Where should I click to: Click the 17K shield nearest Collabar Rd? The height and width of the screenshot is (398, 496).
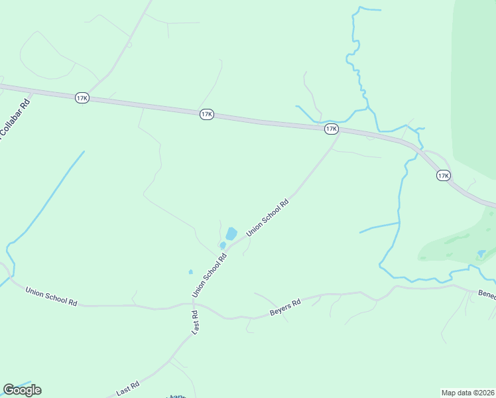pyautogui.click(x=82, y=98)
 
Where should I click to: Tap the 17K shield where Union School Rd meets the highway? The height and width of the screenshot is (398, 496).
pyautogui.click(x=332, y=129)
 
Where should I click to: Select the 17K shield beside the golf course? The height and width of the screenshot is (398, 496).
pyautogui.click(x=444, y=175)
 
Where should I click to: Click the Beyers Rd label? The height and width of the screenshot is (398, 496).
pyautogui.click(x=285, y=306)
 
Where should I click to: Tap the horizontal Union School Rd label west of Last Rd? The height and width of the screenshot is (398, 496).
pyautogui.click(x=51, y=296)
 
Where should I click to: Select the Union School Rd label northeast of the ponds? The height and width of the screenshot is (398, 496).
pyautogui.click(x=268, y=218)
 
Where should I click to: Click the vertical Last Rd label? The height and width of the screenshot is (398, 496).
pyautogui.click(x=195, y=322)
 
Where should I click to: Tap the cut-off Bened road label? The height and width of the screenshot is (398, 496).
pyautogui.click(x=487, y=295)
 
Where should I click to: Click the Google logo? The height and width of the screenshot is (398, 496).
pyautogui.click(x=22, y=390)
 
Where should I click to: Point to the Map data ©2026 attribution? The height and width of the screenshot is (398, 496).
pyautogui.click(x=467, y=393)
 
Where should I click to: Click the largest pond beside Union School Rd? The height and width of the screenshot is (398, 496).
pyautogui.click(x=231, y=233)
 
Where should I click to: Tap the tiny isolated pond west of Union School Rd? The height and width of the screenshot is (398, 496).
pyautogui.click(x=190, y=271)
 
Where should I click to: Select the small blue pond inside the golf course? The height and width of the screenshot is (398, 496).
pyautogui.click(x=481, y=253)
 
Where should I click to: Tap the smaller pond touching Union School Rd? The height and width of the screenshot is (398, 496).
pyautogui.click(x=223, y=245)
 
